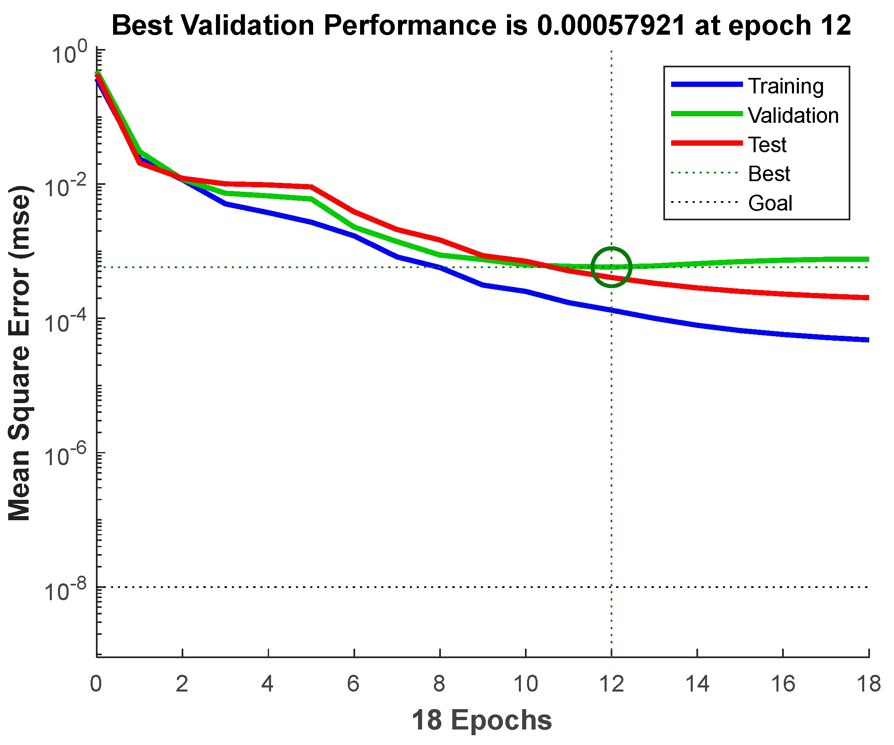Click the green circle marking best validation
click(612, 267)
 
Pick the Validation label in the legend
click(793, 115)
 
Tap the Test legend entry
click(767, 145)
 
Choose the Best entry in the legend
click(769, 173)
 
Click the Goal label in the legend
click(770, 203)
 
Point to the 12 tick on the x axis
click(612, 684)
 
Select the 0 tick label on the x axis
click(96, 684)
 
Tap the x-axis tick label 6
click(354, 684)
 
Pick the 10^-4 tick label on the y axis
click(65, 321)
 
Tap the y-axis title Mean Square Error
click(19, 353)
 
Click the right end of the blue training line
click(867, 339)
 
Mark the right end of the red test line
click(867, 297)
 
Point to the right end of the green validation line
click(867, 259)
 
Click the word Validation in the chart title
click(248, 26)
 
